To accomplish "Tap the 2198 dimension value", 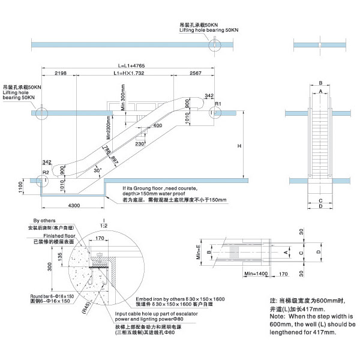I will [x=60, y=73].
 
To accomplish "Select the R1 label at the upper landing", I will [x=219, y=104].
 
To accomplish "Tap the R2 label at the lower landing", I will [x=45, y=172].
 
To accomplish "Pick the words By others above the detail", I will [x=44, y=221].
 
